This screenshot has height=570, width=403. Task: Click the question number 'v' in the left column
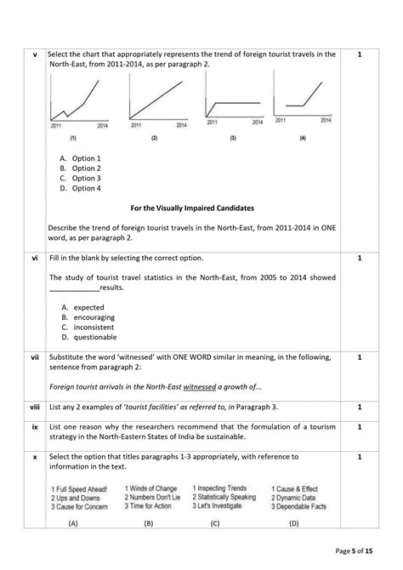(x=34, y=55)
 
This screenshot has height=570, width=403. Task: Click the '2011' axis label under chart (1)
(x=56, y=125)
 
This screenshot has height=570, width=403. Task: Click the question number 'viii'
(x=34, y=408)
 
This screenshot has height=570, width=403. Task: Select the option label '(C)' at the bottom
(x=215, y=524)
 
